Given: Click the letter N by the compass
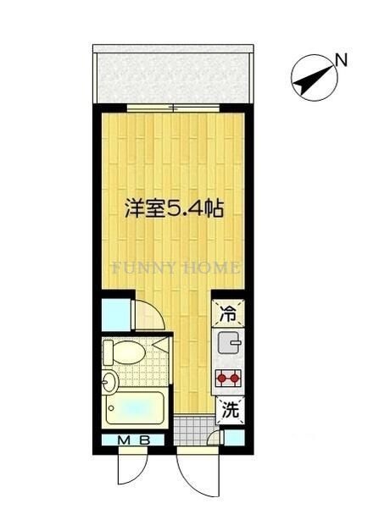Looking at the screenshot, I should click(340, 59).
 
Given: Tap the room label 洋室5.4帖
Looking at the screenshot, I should click(174, 207).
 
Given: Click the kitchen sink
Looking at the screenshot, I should click(228, 343).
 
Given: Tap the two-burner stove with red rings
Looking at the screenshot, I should click(229, 379).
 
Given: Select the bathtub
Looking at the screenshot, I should click(136, 410).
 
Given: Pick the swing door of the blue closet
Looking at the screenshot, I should click(148, 317).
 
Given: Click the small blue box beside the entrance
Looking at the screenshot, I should click(233, 439).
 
